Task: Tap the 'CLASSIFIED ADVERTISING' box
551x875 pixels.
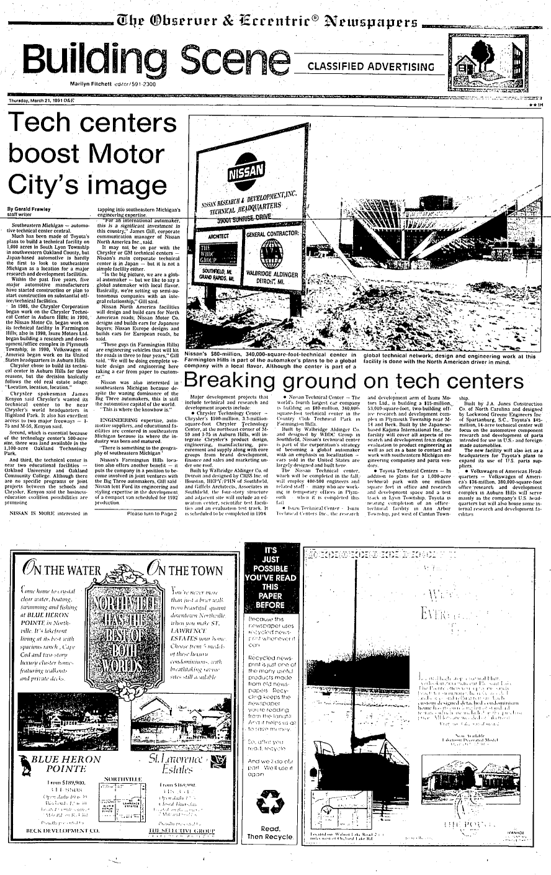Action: click(x=372, y=67)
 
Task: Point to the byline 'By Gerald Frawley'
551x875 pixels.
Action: click(x=29, y=209)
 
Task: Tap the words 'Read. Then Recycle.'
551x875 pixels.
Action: click(x=271, y=832)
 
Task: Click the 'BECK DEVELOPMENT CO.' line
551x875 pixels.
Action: click(x=61, y=829)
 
